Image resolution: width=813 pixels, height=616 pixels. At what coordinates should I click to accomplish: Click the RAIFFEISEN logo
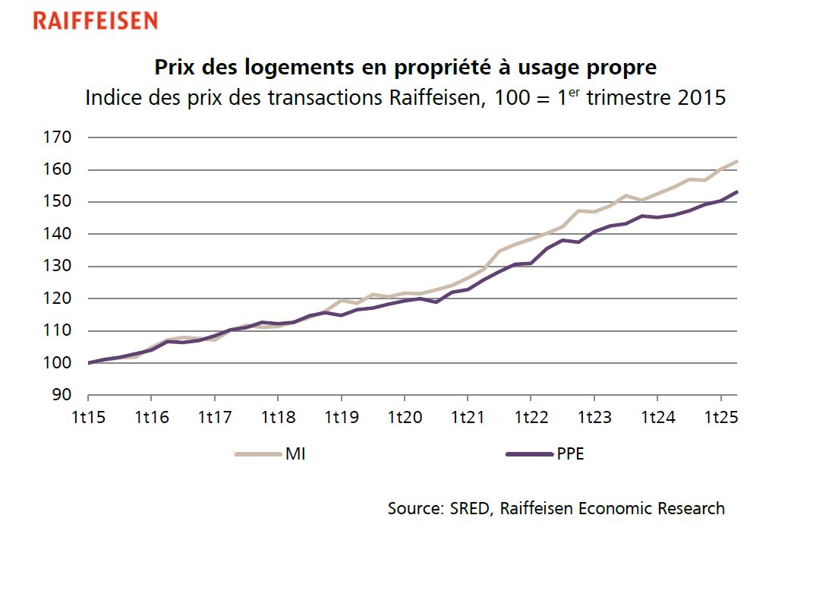95,21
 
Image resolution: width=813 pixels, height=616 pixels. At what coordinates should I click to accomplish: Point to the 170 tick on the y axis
60,137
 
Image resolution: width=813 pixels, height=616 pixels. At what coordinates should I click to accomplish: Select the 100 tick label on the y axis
60,363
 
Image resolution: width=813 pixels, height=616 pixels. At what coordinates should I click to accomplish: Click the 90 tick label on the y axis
64,395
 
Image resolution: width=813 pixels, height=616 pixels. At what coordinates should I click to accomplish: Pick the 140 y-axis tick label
60,234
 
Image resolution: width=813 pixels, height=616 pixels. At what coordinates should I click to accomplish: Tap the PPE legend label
569,455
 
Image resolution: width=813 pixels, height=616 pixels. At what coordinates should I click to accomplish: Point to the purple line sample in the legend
529,455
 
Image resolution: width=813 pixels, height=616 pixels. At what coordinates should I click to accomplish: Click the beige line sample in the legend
259,455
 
